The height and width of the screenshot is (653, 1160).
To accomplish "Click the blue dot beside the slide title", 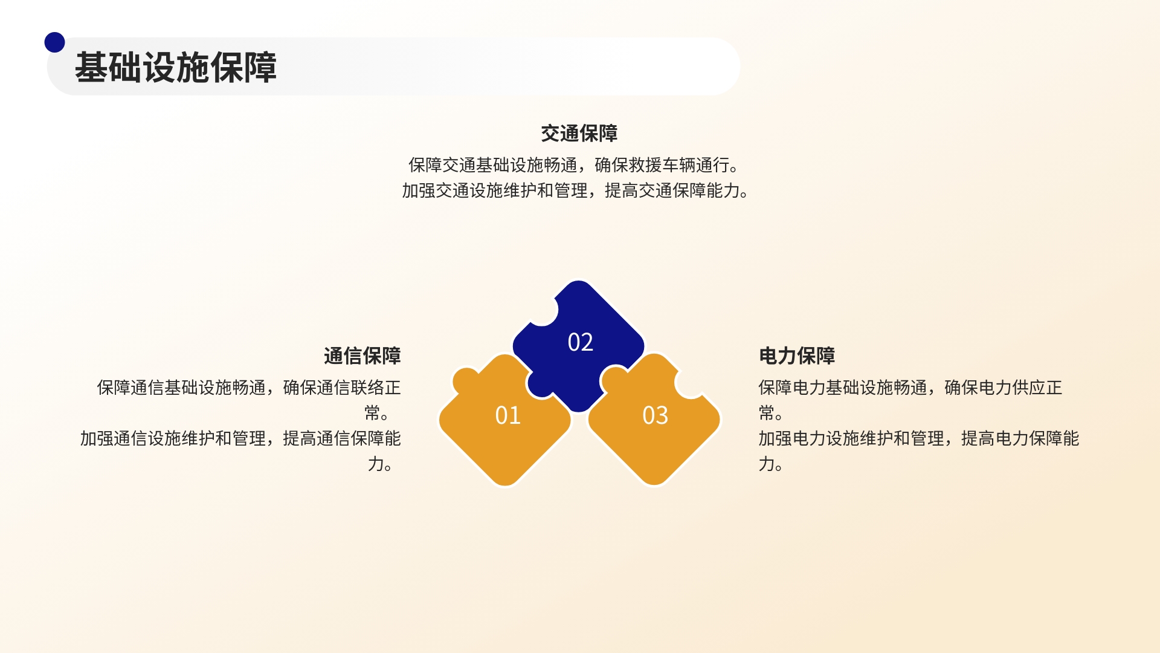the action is pyautogui.click(x=54, y=42).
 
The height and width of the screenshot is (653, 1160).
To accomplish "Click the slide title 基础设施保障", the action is pyautogui.click(x=176, y=67).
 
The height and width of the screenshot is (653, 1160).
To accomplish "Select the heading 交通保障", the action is pyautogui.click(x=579, y=134).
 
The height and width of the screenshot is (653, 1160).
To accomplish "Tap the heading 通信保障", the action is pyautogui.click(x=362, y=356).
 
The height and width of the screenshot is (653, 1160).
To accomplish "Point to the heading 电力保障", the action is pyautogui.click(x=797, y=356).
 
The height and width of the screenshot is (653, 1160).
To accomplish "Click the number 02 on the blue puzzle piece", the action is pyautogui.click(x=581, y=342).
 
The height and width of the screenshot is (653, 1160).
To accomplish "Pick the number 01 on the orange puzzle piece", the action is pyautogui.click(x=507, y=415).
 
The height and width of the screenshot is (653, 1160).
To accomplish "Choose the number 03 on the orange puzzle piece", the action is pyautogui.click(x=656, y=415).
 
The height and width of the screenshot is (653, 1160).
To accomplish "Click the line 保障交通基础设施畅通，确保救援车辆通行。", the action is pyautogui.click(x=574, y=165).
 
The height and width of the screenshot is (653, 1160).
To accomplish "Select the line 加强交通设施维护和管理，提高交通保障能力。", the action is pyautogui.click(x=576, y=191).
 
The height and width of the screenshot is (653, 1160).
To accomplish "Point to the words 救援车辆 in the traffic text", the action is pyautogui.click(x=662, y=165).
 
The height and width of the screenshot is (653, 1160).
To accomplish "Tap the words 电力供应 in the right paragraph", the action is pyautogui.click(x=1012, y=388).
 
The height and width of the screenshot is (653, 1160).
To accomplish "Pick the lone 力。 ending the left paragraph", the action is pyautogui.click(x=381, y=464).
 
